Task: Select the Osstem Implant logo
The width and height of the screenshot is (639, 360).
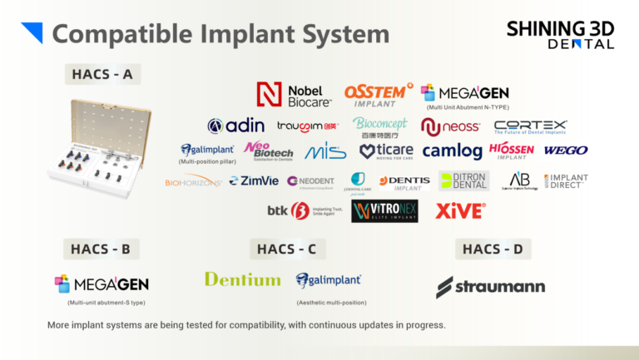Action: [x=379, y=94]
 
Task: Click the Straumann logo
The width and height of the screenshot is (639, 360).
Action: [x=491, y=287]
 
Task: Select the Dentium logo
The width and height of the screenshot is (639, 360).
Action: [x=242, y=279]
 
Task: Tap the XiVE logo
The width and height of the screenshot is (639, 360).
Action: [x=460, y=211]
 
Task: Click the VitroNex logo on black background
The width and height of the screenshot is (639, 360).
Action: [x=384, y=211]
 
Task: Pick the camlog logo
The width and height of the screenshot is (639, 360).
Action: [x=452, y=150]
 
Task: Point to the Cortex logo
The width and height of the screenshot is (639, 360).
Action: [x=530, y=126]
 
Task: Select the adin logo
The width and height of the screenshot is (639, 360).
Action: [x=236, y=126]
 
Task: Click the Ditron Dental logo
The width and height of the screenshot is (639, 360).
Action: [x=464, y=180]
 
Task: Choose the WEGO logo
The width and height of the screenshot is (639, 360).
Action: [x=566, y=150]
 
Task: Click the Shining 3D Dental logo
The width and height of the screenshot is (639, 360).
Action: [x=561, y=34]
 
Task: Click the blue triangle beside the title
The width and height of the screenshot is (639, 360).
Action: [x=32, y=32]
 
